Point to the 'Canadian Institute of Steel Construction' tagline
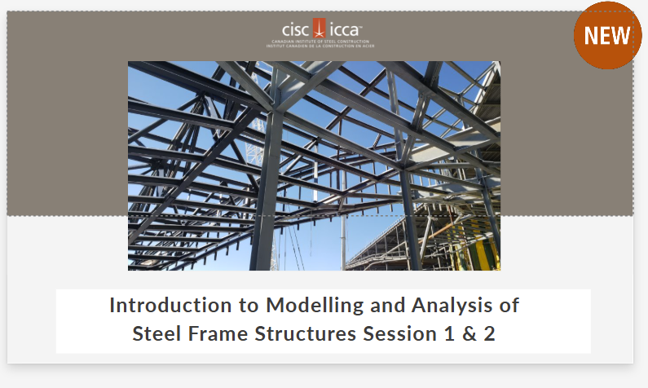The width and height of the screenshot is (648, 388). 315,41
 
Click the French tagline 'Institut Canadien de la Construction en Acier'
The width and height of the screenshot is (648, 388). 315,46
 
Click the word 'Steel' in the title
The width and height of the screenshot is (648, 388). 155,333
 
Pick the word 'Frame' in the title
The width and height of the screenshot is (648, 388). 214,333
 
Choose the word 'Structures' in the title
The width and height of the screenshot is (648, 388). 297,333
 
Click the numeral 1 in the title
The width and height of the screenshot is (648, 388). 444,333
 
